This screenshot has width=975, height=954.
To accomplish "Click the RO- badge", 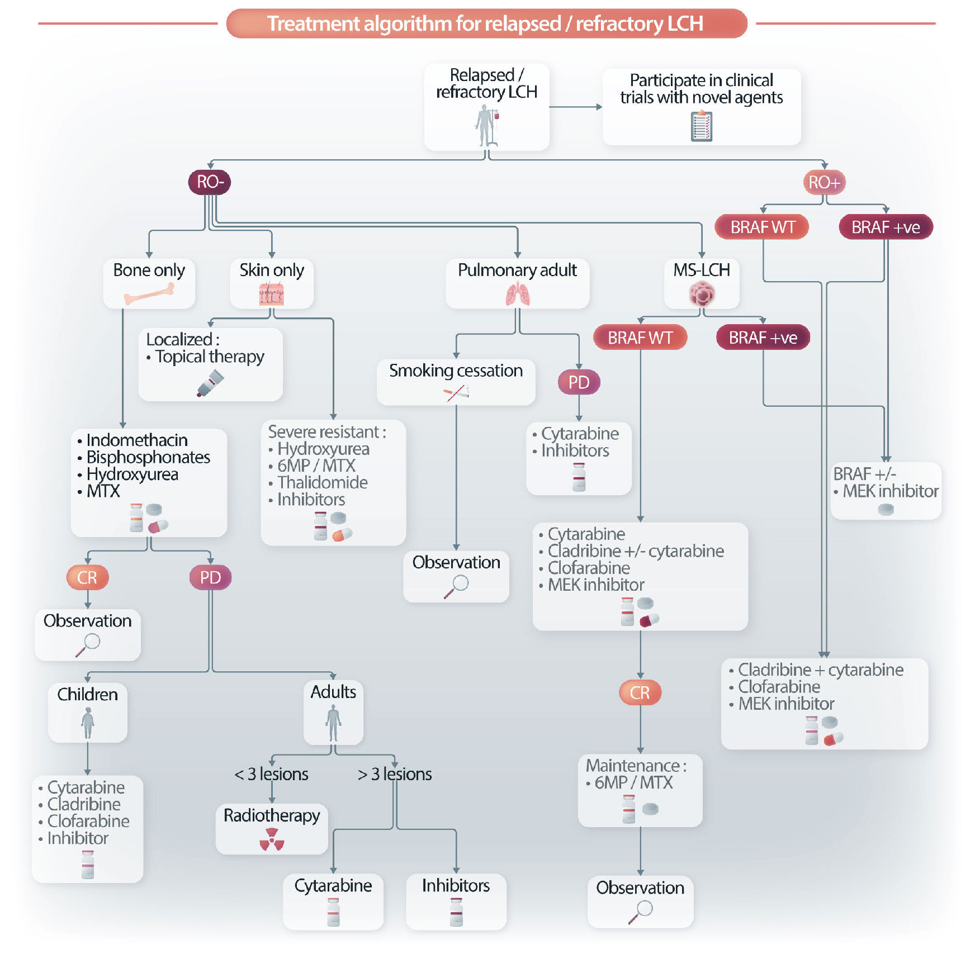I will [210, 182].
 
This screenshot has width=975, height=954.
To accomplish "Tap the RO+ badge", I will [824, 182].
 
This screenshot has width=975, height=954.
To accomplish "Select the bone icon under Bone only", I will [149, 293].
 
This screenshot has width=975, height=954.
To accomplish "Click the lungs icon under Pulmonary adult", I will [518, 295].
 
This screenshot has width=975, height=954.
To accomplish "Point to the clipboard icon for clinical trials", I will [702, 126].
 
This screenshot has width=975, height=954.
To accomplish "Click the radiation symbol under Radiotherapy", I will [272, 839].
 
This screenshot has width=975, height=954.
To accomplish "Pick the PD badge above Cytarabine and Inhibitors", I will [579, 382].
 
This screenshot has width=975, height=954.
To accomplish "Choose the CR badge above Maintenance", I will [640, 693].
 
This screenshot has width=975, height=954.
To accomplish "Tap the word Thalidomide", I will [323, 482].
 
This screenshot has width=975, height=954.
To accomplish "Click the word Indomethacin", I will [137, 440].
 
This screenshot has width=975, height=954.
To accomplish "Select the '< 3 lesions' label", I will [272, 774].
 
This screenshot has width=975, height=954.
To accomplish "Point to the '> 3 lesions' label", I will [395, 774].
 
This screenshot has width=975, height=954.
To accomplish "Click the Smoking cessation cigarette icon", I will [456, 393].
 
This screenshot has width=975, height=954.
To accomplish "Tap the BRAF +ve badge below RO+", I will [886, 227].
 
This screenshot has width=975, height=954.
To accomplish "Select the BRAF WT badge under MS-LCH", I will [640, 338].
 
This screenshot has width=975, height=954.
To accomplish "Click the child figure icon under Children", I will [88, 723].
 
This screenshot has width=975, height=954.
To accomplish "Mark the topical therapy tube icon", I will [210, 384].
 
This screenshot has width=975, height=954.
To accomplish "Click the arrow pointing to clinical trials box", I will [576, 107].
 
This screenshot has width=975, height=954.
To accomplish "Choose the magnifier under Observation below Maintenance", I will [640, 912].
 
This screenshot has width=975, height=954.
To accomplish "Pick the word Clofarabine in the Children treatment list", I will [88, 821].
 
